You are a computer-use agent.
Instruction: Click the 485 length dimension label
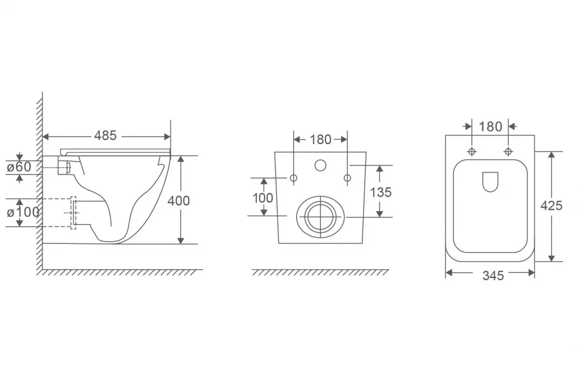tap(105, 135)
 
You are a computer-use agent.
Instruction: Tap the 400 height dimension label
tap(178, 201)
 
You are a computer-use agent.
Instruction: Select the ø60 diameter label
tap(19, 167)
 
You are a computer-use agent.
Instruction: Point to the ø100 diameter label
tap(23, 212)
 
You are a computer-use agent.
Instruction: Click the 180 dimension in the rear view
tap(320, 140)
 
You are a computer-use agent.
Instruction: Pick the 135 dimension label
tap(380, 193)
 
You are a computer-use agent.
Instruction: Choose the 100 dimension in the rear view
tap(263, 198)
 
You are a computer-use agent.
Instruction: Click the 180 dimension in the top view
tap(490, 127)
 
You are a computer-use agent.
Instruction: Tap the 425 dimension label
tap(551, 206)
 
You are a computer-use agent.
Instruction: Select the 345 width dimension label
tap(493, 276)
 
